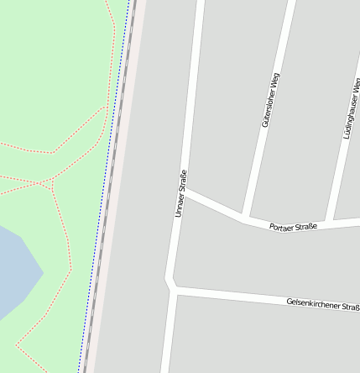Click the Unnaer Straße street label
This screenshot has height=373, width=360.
[180, 194]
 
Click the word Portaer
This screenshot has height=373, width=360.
[284, 227]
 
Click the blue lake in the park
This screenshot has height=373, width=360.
[13, 269]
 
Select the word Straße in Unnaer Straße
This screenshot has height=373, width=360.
[181, 181]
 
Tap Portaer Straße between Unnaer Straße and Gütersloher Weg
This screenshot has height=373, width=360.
[214, 207]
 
